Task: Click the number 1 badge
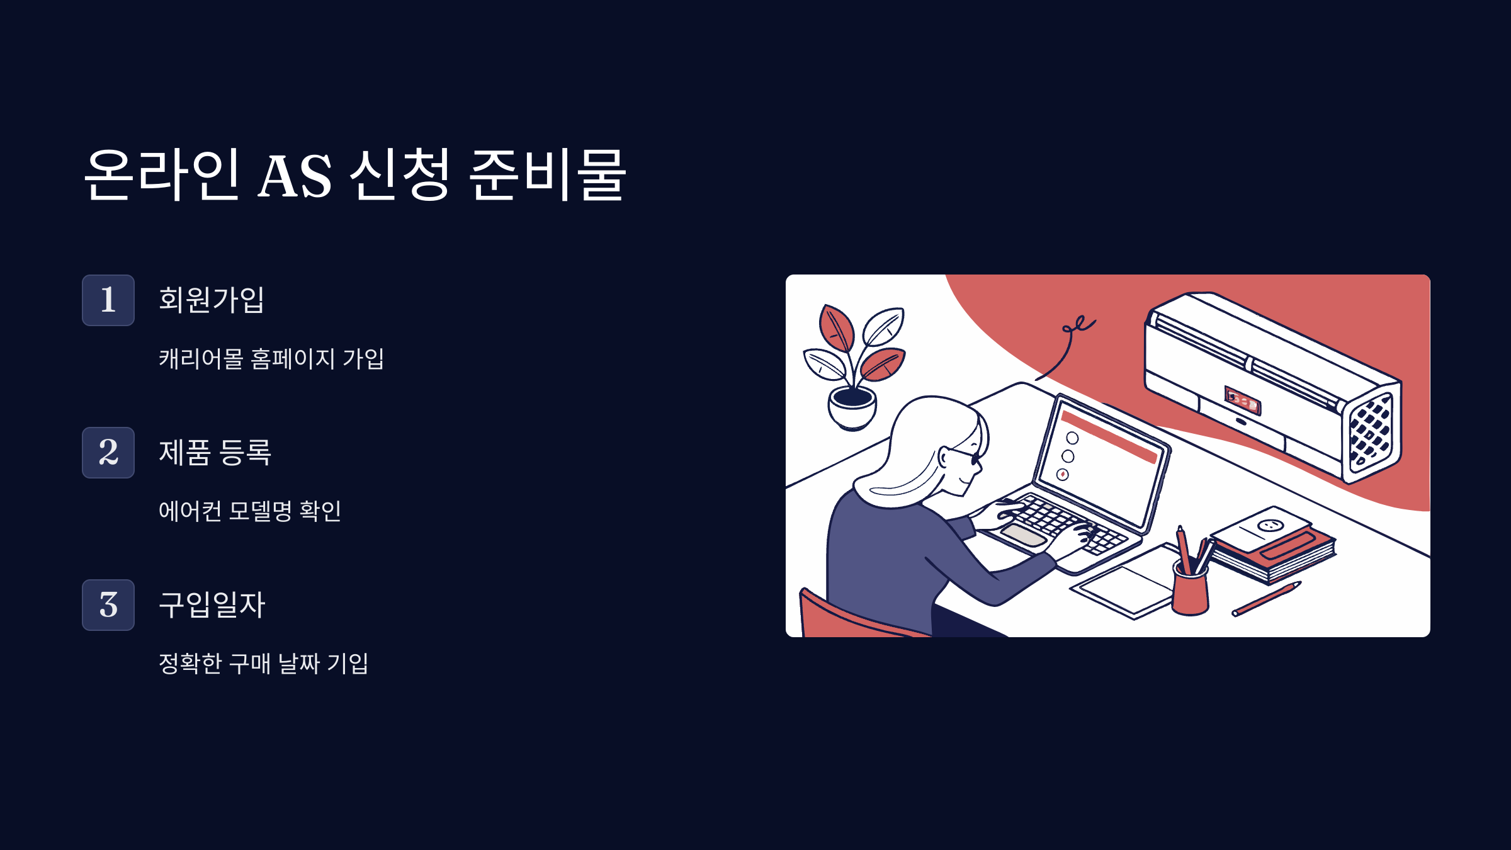pos(108,300)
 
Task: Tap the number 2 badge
pos(108,453)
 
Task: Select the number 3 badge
pos(108,605)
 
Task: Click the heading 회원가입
pos(212,300)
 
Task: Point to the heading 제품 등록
pos(215,452)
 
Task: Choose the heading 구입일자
pos(212,604)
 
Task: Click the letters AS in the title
pos(295,176)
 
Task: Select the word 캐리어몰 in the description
pos(201,359)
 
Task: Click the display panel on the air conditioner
pos(1242,400)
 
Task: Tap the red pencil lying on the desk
pos(1265,599)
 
